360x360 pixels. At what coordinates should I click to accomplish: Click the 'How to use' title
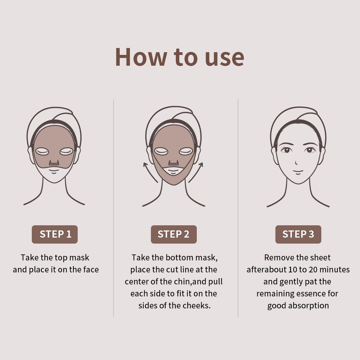tap(180, 57)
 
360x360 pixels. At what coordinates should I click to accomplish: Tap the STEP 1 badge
tap(55, 234)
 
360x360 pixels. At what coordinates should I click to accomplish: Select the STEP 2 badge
tap(174, 234)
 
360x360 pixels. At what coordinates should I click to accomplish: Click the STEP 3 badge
tap(298, 234)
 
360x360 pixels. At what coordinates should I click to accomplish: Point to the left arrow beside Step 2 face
tap(149, 172)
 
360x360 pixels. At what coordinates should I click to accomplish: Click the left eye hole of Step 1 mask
tap(42, 152)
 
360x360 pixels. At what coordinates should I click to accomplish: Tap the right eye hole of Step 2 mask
tap(186, 152)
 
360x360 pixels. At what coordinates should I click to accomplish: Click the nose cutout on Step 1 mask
tap(54, 163)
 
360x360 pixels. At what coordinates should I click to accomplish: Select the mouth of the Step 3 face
tap(298, 172)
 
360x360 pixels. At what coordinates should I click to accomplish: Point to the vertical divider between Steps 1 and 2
tap(114, 207)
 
